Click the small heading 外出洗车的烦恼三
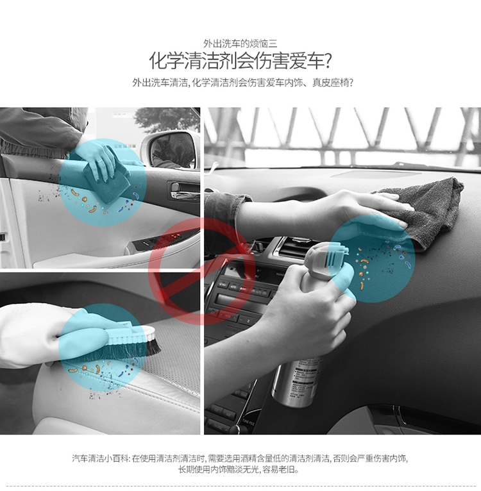[x=240, y=43]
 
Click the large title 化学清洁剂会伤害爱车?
[x=240, y=60]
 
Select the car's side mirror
[x=171, y=149]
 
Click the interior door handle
[x=184, y=190]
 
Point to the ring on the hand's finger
[x=99, y=162]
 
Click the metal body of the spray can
[x=296, y=383]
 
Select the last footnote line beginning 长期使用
[x=239, y=469]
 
